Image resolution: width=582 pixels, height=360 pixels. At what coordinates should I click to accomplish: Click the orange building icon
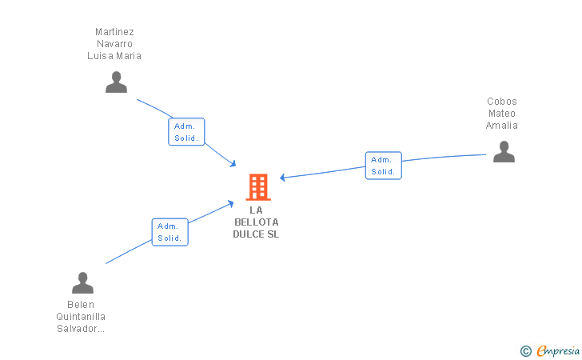click(257, 186)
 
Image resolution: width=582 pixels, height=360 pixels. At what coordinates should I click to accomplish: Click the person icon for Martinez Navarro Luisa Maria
click(117, 82)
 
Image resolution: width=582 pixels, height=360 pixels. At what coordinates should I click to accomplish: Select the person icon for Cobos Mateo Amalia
click(504, 152)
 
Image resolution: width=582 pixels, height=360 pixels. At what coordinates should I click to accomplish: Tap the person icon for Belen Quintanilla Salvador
click(82, 283)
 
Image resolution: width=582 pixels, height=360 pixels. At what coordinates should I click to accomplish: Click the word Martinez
click(114, 33)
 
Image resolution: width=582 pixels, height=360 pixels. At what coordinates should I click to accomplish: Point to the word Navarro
click(114, 44)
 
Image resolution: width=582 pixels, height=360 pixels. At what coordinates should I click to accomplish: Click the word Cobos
click(502, 102)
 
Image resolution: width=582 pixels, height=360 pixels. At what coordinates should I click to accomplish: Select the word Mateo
click(502, 114)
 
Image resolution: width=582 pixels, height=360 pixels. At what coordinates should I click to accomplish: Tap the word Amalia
click(502, 126)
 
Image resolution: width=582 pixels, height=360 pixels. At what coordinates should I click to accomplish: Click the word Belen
click(81, 305)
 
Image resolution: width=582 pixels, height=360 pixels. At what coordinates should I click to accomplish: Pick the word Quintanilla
click(81, 317)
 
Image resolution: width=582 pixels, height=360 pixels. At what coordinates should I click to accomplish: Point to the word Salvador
click(78, 329)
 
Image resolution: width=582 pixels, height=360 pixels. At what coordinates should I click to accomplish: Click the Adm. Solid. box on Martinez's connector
click(187, 132)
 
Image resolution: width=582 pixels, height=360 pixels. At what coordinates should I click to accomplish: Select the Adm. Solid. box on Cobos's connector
click(384, 166)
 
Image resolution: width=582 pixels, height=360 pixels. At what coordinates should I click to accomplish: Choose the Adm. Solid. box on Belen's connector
click(170, 232)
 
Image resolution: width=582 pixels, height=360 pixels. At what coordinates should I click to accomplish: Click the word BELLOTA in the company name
click(257, 222)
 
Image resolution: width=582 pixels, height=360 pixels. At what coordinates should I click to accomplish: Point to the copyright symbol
click(526, 350)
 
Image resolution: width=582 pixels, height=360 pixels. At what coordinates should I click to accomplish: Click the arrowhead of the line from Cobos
click(282, 178)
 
